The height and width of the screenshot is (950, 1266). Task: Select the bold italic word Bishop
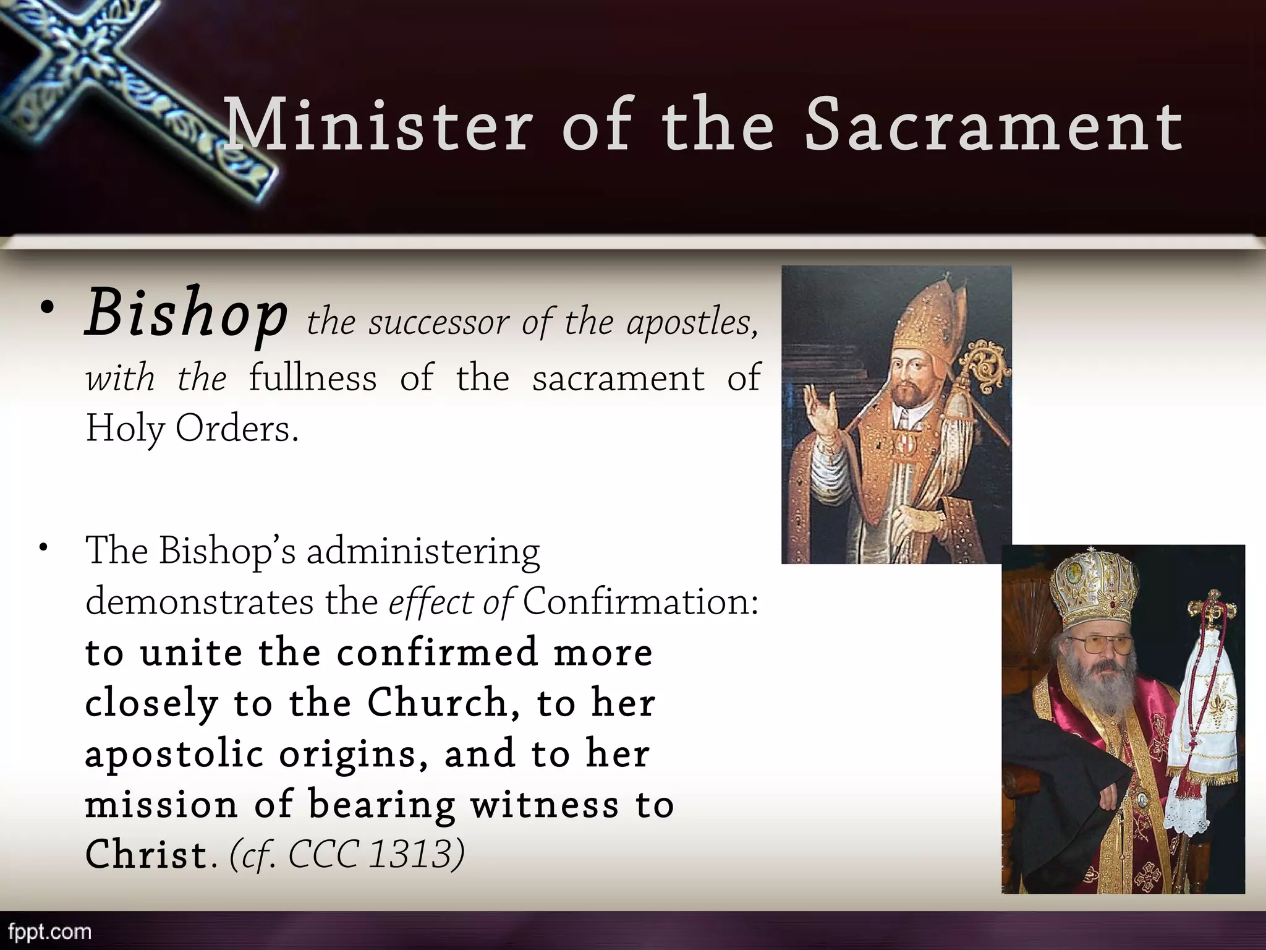pos(185,313)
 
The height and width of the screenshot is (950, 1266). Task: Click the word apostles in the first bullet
pos(692,322)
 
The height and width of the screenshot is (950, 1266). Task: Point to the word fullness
pos(312,378)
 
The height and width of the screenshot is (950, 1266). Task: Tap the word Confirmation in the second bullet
pos(640,601)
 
